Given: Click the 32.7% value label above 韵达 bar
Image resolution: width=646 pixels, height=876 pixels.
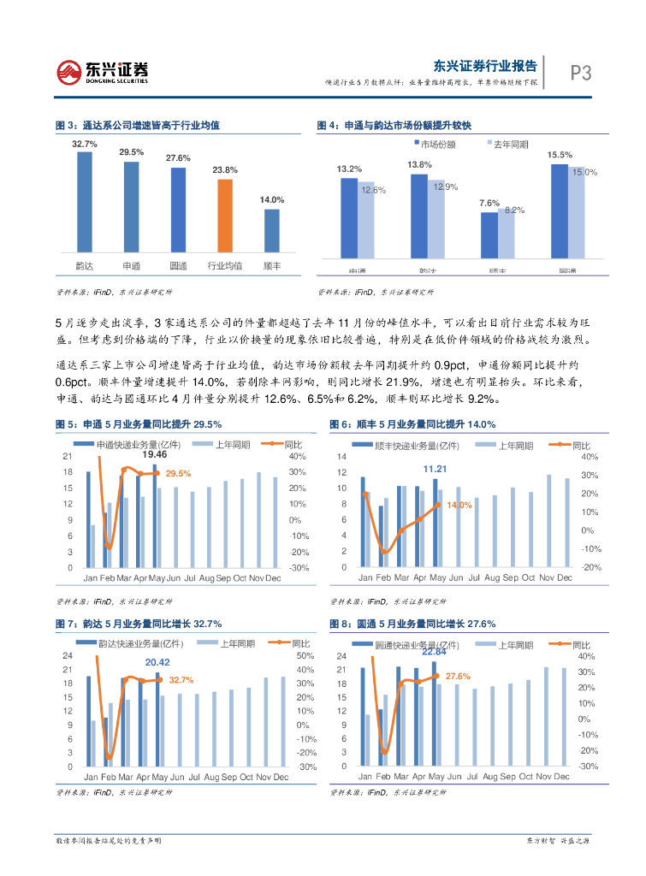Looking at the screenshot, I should click(84, 144).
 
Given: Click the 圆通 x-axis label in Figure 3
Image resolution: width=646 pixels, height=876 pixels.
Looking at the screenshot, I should click(178, 266).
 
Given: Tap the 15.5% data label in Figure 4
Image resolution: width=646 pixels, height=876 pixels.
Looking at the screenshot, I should click(560, 155).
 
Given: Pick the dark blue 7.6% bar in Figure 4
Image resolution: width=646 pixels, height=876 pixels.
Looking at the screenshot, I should click(489, 233).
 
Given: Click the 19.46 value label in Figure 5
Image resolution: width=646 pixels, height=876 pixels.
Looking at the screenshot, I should click(155, 454).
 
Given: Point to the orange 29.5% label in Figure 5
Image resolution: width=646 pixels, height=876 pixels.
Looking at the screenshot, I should click(178, 473).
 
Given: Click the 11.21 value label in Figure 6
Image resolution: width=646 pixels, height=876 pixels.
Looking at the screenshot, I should click(436, 469).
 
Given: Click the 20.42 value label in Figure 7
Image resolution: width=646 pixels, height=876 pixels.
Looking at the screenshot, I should click(157, 662).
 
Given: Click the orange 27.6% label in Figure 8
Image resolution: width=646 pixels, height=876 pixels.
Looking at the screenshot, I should click(458, 676).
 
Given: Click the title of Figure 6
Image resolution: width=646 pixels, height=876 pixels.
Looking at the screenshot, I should click(412, 424).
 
